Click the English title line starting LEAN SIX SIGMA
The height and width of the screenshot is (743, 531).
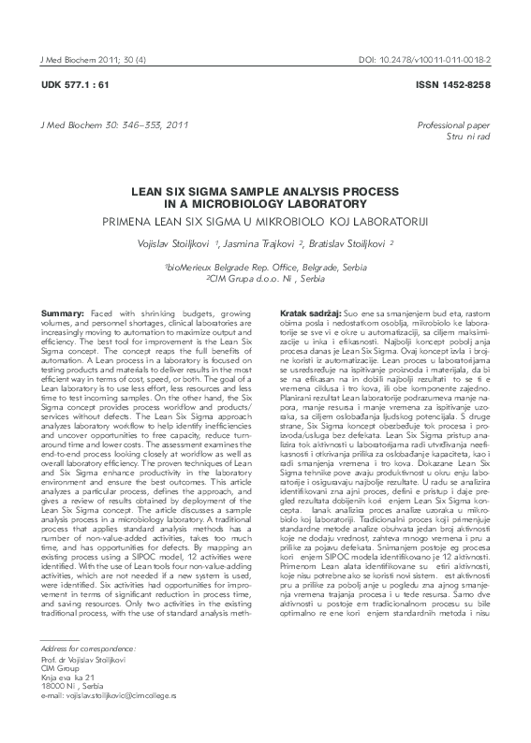click(265, 188)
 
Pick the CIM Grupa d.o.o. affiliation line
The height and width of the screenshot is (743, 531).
click(265, 279)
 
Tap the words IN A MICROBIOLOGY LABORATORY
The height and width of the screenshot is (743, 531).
click(265, 200)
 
